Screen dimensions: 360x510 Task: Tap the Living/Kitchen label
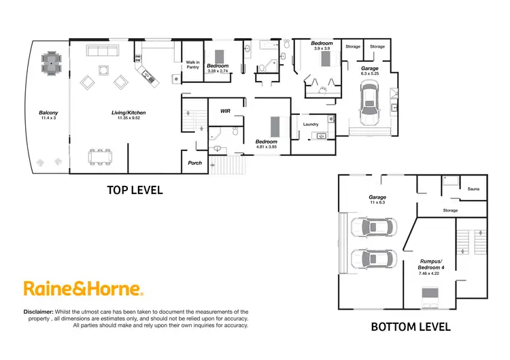(129, 112)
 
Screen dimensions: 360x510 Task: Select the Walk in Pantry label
(192, 65)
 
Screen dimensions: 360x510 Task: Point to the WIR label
(225, 110)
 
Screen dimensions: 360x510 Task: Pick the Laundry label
(311, 124)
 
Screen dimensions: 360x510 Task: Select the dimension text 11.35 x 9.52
(129, 118)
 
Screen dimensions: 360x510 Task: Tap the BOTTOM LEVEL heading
(410, 327)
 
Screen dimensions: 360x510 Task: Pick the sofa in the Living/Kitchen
(102, 52)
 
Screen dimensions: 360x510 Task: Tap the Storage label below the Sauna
(450, 211)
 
